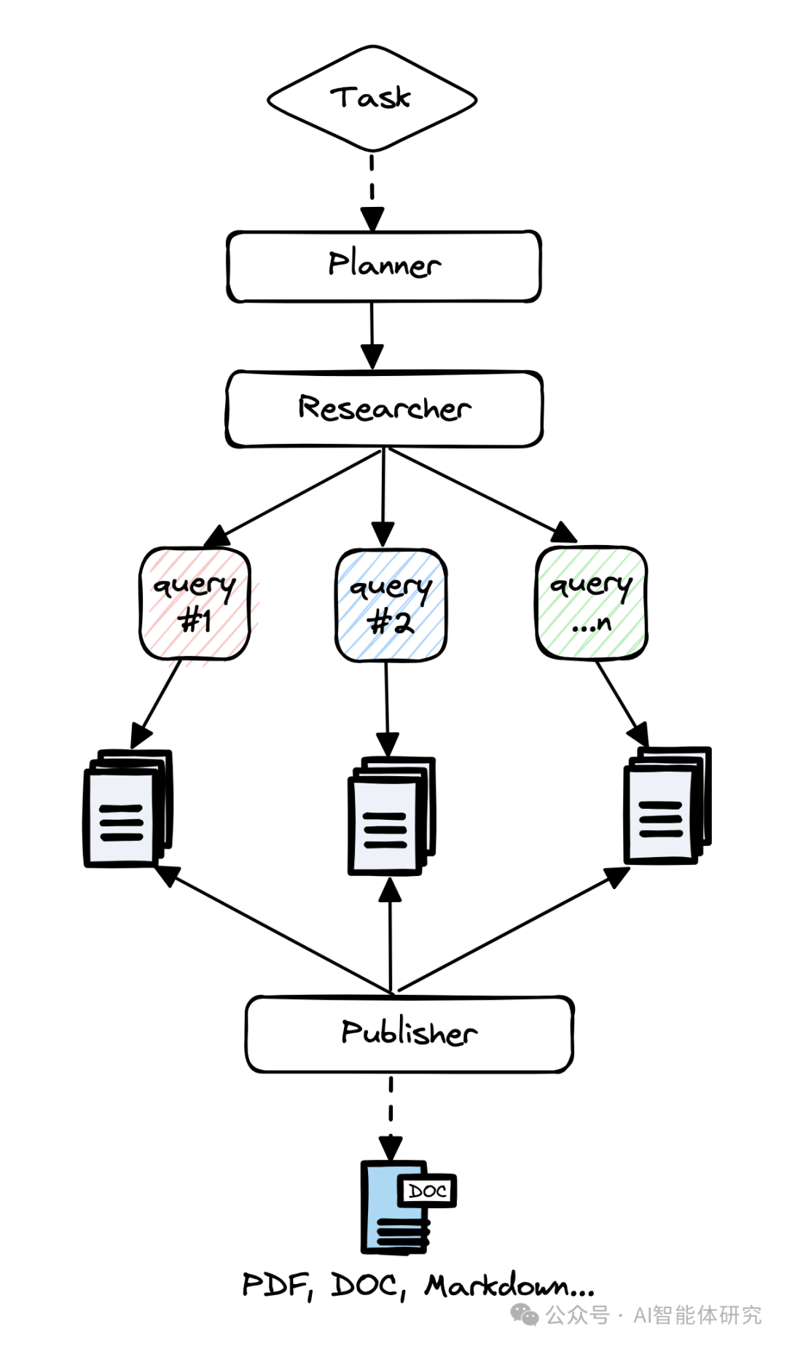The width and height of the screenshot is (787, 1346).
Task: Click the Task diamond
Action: (x=372, y=98)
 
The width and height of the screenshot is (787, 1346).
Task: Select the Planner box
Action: (x=384, y=266)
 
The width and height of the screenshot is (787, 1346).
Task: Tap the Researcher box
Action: (x=384, y=409)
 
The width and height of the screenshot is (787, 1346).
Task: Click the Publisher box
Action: (x=409, y=1033)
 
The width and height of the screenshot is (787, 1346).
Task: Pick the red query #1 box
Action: (x=195, y=603)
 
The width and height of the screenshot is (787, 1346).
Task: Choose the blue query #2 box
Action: (x=391, y=605)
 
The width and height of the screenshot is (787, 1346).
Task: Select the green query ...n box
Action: (x=591, y=603)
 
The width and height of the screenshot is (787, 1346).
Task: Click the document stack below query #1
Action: (x=128, y=809)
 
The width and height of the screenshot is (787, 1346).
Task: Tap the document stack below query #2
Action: (x=391, y=816)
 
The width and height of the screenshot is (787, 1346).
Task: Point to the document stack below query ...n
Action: (x=666, y=805)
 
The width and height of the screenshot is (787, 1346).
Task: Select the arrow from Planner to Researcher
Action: (x=372, y=335)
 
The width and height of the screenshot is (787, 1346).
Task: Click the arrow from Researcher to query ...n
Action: (x=481, y=496)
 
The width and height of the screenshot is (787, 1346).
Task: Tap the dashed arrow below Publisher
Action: (x=391, y=1115)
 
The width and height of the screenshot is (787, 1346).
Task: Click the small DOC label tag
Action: (x=427, y=1191)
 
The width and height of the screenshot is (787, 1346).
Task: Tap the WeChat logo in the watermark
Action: (x=524, y=1315)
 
